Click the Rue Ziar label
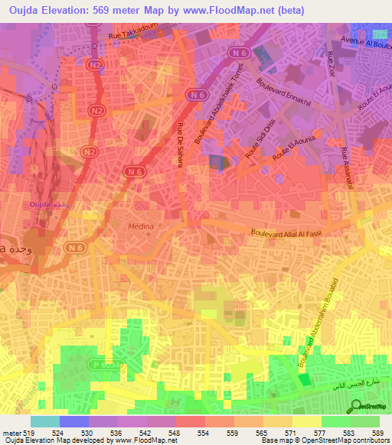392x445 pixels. [331, 62]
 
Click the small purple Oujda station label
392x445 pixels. [41, 205]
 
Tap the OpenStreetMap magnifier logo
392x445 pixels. [356, 407]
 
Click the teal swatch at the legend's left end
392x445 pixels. [45, 421]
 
